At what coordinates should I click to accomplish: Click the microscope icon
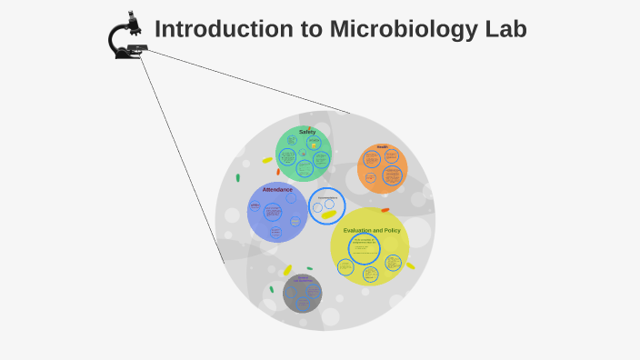click(127, 36)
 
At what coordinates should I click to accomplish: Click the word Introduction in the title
click(212, 29)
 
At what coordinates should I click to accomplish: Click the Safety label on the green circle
click(307, 132)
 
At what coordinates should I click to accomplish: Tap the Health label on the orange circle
click(382, 146)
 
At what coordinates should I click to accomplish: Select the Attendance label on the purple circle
click(277, 189)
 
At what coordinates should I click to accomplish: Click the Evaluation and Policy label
click(372, 230)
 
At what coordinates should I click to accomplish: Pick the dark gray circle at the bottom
click(302, 294)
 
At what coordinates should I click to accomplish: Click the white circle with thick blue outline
click(326, 205)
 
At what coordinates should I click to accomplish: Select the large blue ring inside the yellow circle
click(365, 249)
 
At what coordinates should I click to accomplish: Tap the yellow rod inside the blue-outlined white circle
click(328, 215)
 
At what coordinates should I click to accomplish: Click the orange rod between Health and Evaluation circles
click(385, 210)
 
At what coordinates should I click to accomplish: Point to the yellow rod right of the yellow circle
click(410, 265)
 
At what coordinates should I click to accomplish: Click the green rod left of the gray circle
click(272, 290)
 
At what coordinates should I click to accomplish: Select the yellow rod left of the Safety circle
click(267, 160)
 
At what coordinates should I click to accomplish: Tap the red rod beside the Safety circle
click(278, 171)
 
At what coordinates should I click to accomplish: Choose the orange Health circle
click(382, 169)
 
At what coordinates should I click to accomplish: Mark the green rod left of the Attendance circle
click(238, 177)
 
